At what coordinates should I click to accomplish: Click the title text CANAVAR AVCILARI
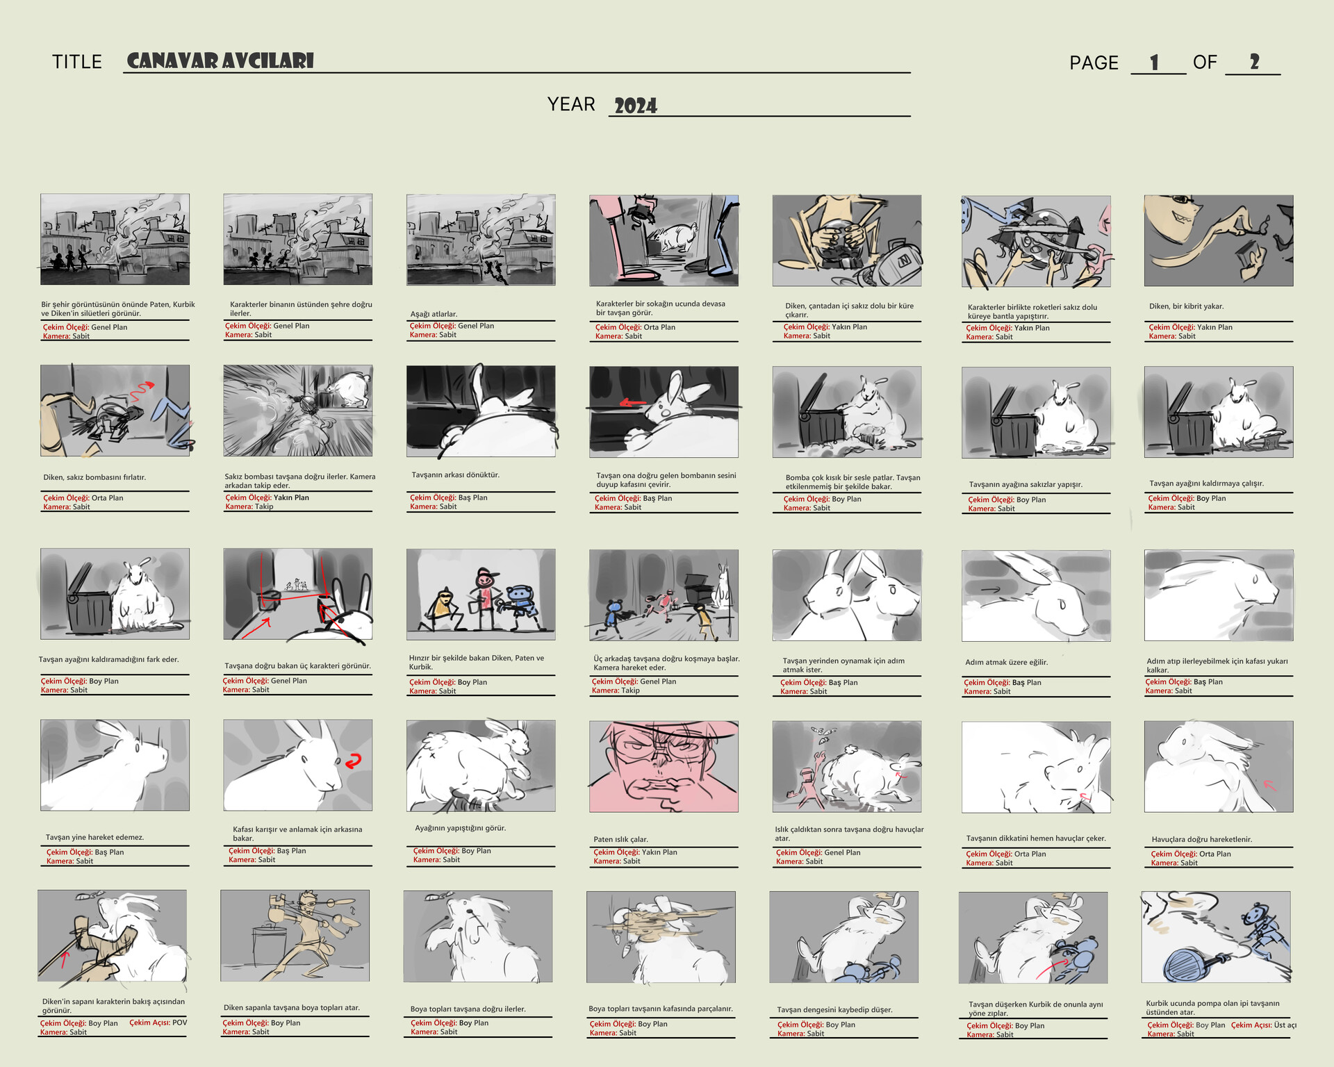coord(220,61)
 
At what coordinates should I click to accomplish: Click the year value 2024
coord(635,106)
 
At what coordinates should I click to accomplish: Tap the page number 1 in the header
coord(1154,63)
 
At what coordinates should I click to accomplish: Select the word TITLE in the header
coord(77,63)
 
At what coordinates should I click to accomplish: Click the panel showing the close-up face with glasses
coord(664,766)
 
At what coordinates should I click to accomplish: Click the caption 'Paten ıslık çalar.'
coord(620,839)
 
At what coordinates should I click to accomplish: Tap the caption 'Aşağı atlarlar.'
coord(434,314)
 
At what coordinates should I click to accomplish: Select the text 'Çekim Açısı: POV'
coord(158,1023)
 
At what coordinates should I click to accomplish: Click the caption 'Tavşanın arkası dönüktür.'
coord(455,475)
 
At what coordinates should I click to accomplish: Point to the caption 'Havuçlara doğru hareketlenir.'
coord(1201,839)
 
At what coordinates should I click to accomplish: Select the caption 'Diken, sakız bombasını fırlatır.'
coord(94,477)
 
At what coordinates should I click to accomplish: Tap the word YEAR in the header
coord(570,104)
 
